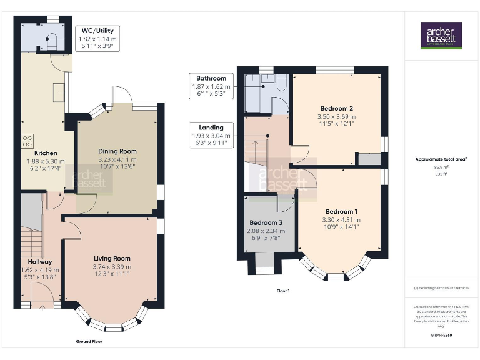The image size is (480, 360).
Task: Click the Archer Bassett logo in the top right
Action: pos(441,36)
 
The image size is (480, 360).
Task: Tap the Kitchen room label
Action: pos(46,152)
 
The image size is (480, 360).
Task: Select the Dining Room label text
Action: pos(117,151)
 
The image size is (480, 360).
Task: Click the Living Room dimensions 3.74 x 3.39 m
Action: pos(112,267)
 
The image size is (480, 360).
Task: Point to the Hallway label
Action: pos(39,261)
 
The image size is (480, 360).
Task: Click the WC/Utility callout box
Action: pos(97,38)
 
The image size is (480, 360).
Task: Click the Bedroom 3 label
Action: pos(266,223)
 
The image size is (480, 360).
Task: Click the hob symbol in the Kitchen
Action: pos(28,142)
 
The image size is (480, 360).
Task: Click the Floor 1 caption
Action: pos(283,291)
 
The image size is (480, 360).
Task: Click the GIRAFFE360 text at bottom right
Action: pos(441,336)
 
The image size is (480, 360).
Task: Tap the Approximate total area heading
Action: pos(441,159)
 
